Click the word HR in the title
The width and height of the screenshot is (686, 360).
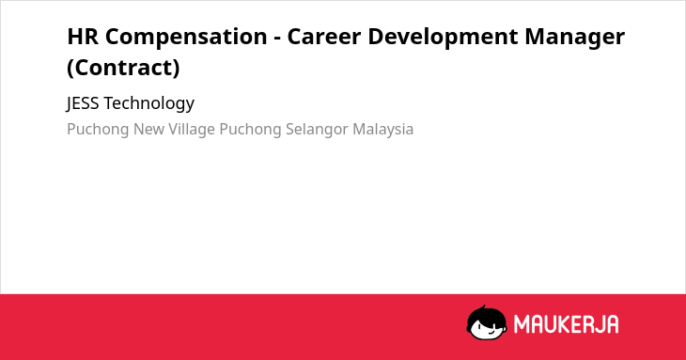click(x=83, y=37)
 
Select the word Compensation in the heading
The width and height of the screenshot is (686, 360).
click(x=186, y=38)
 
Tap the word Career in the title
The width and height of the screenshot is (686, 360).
click(x=324, y=37)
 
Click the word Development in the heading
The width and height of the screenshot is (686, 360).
click(x=443, y=38)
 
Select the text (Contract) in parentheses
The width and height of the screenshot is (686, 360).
click(x=123, y=68)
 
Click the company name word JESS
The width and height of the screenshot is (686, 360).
click(x=83, y=103)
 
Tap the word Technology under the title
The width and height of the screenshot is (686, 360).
click(x=149, y=103)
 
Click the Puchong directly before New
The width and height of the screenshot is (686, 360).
click(x=98, y=130)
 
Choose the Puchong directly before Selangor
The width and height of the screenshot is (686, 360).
click(x=250, y=130)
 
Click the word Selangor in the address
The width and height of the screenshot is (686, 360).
click(x=317, y=130)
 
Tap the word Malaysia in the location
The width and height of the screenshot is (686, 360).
click(x=382, y=130)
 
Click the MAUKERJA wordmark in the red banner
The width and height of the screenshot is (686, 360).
click(x=566, y=324)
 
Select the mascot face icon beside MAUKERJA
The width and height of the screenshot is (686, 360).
click(x=487, y=322)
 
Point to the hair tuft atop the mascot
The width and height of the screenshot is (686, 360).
click(x=483, y=307)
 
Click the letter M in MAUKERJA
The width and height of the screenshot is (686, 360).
click(x=522, y=324)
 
